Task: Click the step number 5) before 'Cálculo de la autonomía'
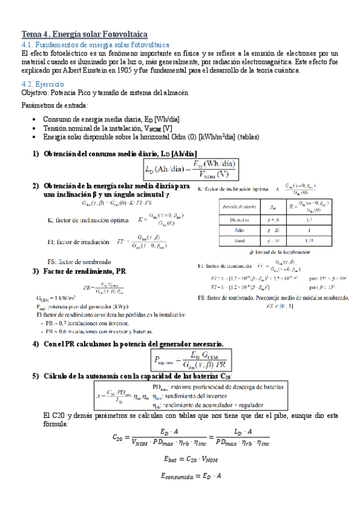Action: coord(35,376)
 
